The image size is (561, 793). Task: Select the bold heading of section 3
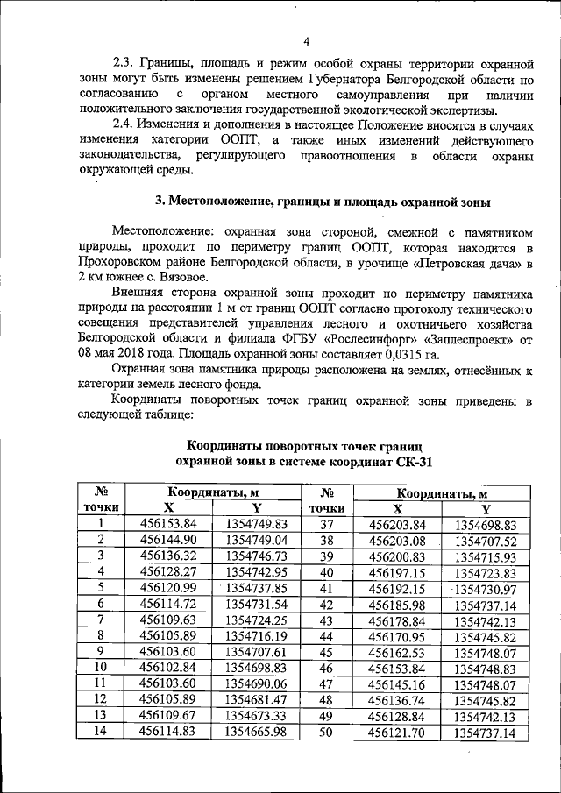322,202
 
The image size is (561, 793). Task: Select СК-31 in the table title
411,460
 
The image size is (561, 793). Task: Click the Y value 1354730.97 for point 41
485,587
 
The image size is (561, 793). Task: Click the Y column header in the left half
256,508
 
